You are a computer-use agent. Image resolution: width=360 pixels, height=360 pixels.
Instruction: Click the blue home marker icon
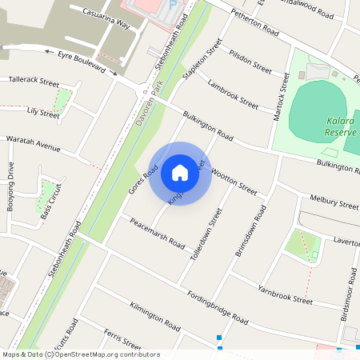pos(180,171)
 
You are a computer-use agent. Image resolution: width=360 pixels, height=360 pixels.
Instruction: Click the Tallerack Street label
pos(34,82)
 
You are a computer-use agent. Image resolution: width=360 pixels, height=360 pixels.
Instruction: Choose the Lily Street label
pos(42,114)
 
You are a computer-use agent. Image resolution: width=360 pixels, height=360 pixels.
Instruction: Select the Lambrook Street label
pos(232,94)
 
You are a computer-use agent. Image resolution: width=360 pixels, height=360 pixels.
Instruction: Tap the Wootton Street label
pos(233,183)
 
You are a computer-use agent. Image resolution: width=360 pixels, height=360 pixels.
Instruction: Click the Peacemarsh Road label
pos(158,233)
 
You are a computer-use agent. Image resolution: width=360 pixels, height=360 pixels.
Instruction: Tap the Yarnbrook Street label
pos(285,294)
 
